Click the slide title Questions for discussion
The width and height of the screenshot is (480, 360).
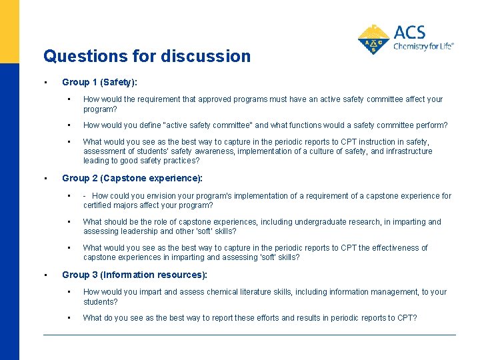pos(147,56)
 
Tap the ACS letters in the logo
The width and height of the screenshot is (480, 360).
pos(409,33)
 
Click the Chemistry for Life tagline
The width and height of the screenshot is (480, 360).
pos(423,47)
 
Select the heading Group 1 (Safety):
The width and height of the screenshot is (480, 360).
pos(99,83)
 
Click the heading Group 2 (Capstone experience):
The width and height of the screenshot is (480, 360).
pos(132,179)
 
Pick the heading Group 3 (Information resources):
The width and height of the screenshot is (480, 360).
pos(135,275)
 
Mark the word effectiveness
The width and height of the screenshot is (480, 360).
pos(390,248)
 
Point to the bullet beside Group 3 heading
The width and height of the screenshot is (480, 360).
pos(45,275)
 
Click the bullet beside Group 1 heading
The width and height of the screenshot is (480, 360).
pos(45,83)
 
